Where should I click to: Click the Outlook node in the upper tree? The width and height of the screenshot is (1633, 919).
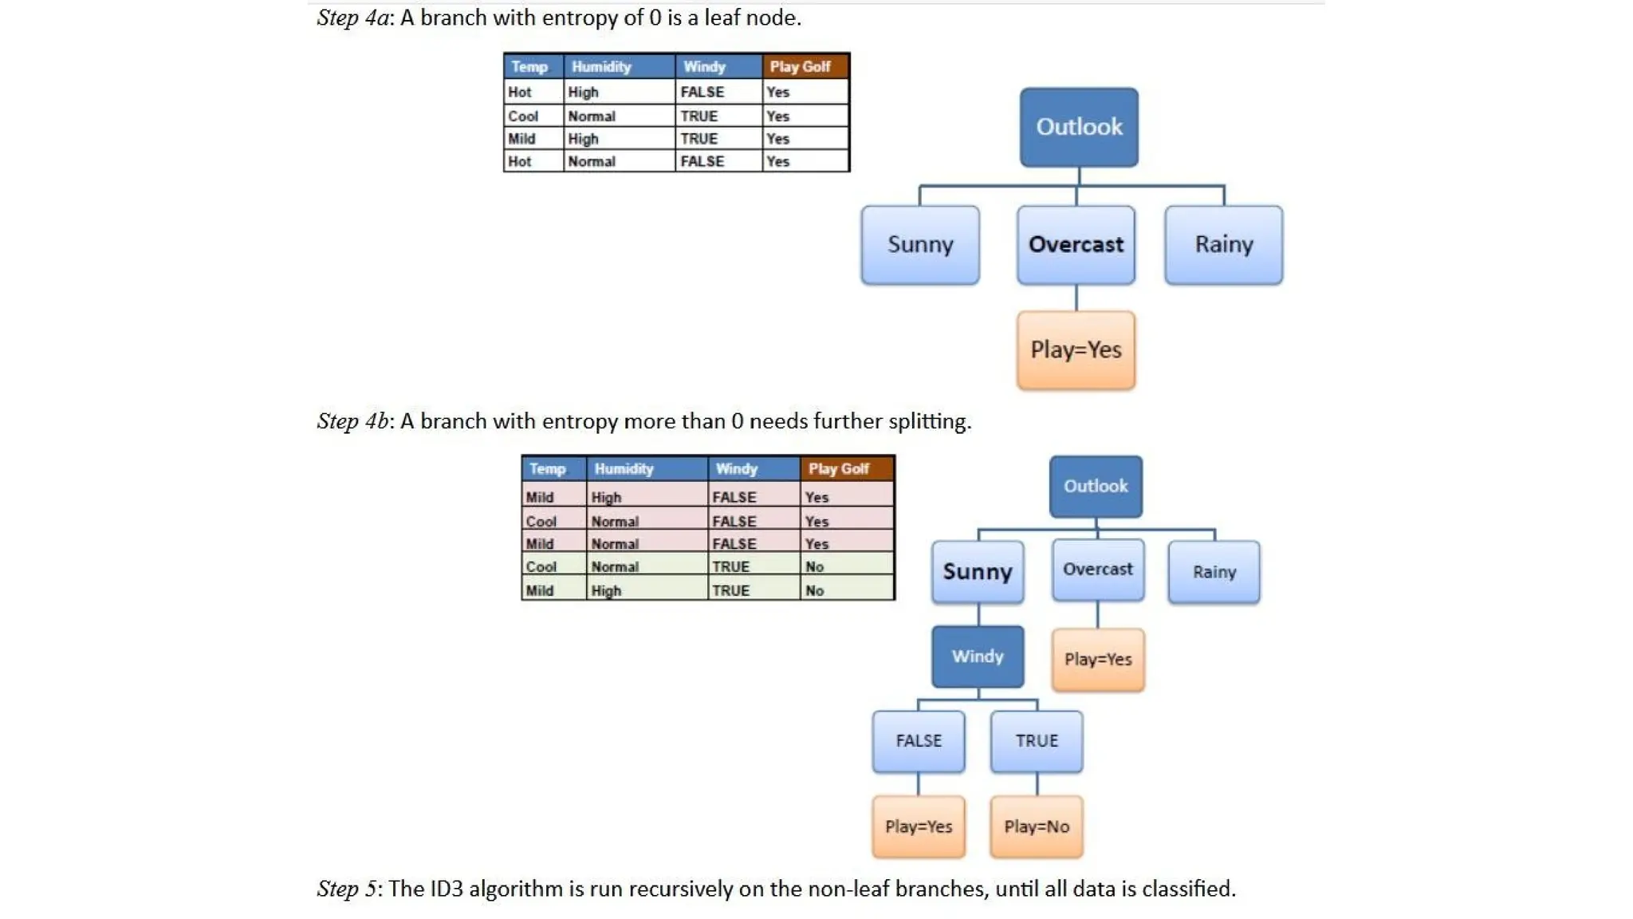[1078, 127]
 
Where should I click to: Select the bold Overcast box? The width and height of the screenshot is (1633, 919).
[1076, 244]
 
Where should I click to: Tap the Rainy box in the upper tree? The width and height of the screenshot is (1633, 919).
[1223, 244]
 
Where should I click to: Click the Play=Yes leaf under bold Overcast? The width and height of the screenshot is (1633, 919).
[1076, 349]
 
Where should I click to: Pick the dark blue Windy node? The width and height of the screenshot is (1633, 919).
[978, 657]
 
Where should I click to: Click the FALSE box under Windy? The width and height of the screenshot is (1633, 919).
[919, 741]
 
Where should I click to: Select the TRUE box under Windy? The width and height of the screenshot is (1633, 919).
[1037, 741]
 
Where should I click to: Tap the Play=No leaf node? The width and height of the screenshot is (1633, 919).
[1037, 826]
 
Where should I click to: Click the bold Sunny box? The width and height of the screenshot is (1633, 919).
[978, 571]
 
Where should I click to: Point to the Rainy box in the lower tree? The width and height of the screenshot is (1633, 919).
[1214, 571]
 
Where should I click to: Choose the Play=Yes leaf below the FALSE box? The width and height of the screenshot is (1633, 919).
[919, 826]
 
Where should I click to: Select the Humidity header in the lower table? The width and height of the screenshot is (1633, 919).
[624, 469]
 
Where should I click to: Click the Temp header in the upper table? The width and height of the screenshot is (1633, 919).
[529, 67]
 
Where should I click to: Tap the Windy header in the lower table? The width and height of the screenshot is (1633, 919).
[736, 469]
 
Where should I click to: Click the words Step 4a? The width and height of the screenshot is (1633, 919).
[352, 18]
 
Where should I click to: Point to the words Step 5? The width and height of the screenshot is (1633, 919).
[346, 889]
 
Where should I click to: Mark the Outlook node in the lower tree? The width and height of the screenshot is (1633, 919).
[1096, 487]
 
